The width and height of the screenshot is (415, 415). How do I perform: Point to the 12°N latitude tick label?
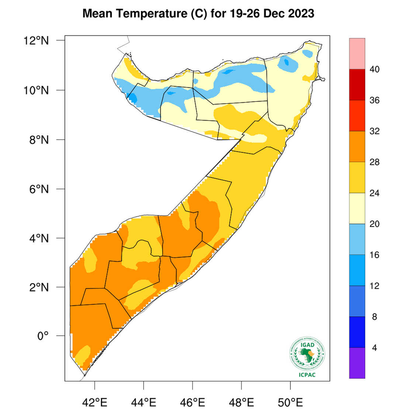(x=37, y=41)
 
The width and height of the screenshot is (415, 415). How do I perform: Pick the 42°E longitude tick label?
(x=95, y=402)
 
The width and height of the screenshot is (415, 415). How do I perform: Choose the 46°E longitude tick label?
(x=193, y=402)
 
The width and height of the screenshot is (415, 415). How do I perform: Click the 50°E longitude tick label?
(x=290, y=402)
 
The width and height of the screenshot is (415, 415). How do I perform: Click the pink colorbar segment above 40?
(x=357, y=53)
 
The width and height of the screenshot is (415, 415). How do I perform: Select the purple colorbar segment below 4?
(x=357, y=363)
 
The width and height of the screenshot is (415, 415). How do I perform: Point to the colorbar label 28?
(x=374, y=162)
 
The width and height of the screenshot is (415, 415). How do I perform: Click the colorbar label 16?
(x=374, y=255)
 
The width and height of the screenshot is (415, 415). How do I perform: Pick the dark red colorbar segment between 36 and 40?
(x=357, y=84)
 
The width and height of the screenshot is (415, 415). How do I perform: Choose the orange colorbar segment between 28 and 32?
(x=357, y=146)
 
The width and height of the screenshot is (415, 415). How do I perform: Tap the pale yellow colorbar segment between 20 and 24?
(x=357, y=208)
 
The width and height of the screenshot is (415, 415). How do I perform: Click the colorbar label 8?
(x=374, y=317)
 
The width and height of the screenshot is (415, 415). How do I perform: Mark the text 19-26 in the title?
(x=244, y=14)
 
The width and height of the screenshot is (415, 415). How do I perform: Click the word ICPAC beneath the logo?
(x=307, y=375)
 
